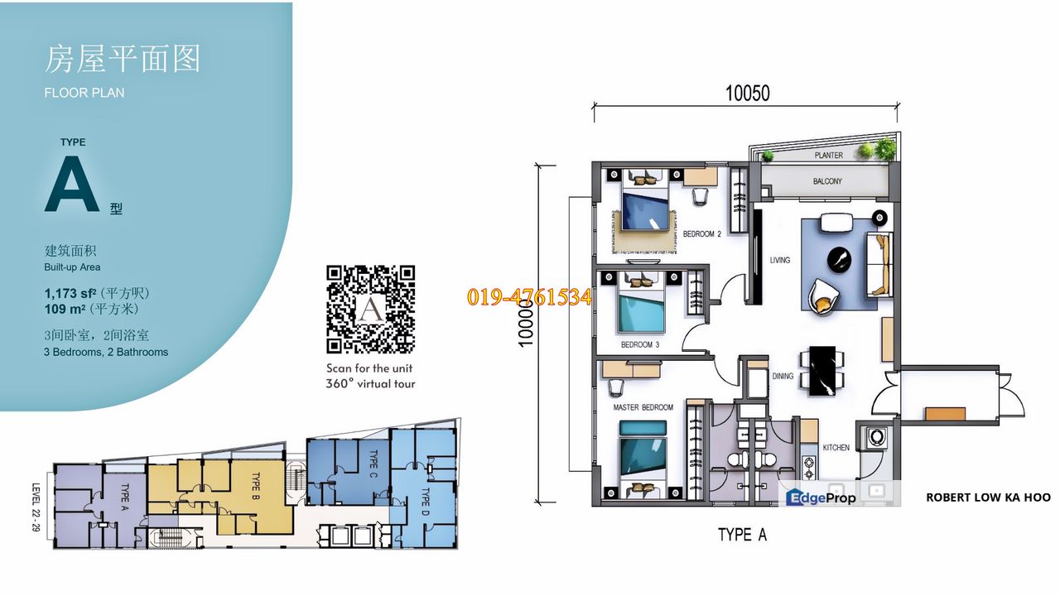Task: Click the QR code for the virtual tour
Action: point(370,309)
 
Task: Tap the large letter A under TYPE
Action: point(74,190)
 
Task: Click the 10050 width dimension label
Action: point(747,93)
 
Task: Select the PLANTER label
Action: point(828,156)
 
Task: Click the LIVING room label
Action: point(780,260)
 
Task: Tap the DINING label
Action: point(783,377)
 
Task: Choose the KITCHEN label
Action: point(836,448)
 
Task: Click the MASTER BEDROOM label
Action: point(643,408)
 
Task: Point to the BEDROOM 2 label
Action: point(701,234)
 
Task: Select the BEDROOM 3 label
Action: point(639,344)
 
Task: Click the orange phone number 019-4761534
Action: point(529,297)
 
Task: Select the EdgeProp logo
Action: point(820,497)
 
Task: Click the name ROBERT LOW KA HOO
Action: point(988,497)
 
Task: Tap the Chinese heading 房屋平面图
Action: point(123,60)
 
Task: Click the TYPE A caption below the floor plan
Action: point(742,535)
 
